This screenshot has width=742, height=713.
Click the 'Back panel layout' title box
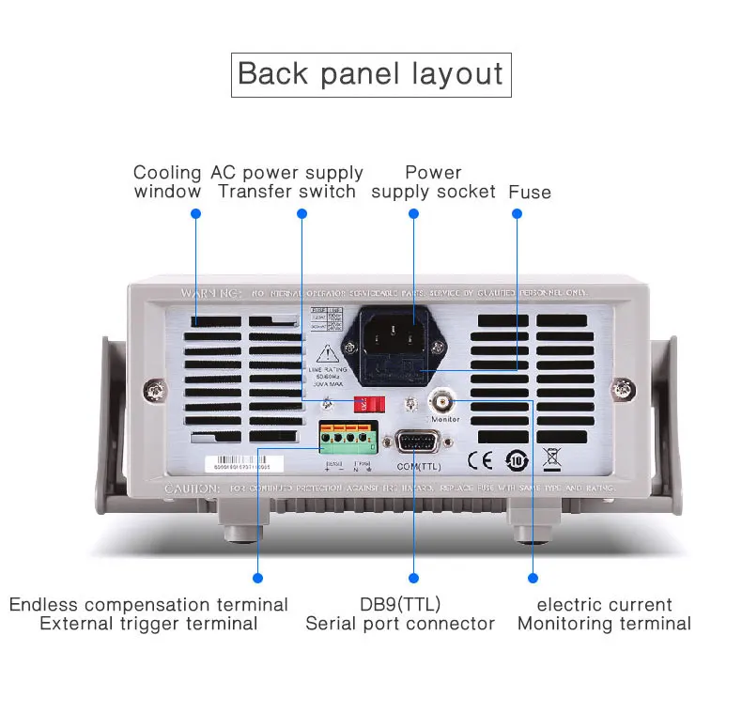click(x=371, y=74)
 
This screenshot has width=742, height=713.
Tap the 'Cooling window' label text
click(x=167, y=182)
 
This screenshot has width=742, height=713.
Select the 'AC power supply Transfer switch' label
click(x=287, y=182)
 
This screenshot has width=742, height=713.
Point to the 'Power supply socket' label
click(x=433, y=182)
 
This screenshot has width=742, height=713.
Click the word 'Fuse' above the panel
click(x=530, y=192)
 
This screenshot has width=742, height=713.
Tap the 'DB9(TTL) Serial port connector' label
click(x=400, y=613)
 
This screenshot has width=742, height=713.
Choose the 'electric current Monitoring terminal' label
click(x=604, y=613)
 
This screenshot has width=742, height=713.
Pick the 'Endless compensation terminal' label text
click(x=148, y=604)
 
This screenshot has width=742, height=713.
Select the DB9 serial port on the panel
click(x=414, y=442)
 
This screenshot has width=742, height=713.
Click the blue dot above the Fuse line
click(x=517, y=214)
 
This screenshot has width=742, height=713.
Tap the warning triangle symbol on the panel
click(x=328, y=355)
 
